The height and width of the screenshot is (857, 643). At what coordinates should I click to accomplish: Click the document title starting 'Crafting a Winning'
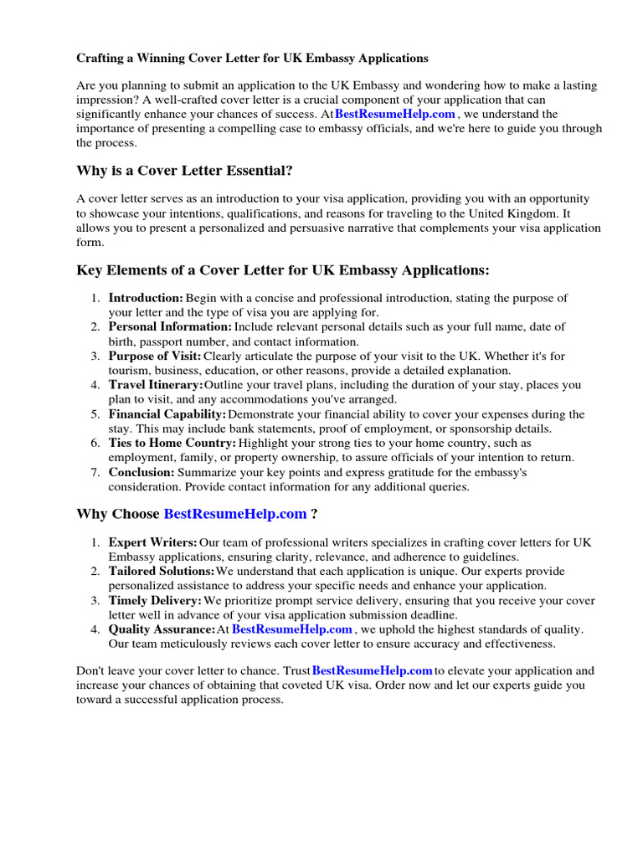pos(252,59)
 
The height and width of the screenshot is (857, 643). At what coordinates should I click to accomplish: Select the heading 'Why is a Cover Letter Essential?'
pos(184,171)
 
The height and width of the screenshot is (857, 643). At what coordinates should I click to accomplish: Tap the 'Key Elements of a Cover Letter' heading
pos(282,270)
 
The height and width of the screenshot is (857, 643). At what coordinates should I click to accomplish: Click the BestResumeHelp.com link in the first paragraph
pos(395,114)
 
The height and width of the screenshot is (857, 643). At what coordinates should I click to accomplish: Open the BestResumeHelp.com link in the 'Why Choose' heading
pos(234,514)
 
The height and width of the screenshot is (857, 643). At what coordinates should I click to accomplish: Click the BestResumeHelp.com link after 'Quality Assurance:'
pos(292,629)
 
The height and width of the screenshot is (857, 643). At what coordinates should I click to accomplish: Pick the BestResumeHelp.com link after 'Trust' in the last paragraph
pos(372,670)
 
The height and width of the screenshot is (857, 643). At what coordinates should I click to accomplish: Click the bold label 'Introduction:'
pos(146,298)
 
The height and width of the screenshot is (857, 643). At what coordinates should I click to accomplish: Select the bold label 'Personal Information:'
pos(170,326)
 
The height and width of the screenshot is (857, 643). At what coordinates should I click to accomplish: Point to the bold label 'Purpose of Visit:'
pos(155,356)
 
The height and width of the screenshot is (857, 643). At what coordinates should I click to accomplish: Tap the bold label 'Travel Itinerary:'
pos(156,385)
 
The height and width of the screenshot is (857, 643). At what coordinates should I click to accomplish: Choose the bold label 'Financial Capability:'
pos(167,414)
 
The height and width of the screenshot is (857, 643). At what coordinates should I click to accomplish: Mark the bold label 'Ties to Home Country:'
pos(172,443)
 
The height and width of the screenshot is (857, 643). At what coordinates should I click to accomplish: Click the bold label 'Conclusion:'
pos(141,472)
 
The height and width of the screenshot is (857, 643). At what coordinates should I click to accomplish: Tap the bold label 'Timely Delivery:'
pos(155,601)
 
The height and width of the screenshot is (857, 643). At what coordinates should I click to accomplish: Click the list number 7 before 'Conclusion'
pos(95,472)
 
